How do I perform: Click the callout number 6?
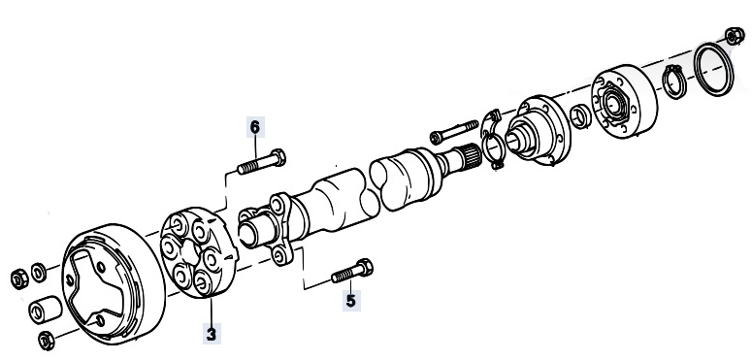click(255, 127)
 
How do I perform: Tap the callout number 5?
click(351, 301)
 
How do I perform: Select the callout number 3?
click(212, 334)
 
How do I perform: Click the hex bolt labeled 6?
click(262, 161)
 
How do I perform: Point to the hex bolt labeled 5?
click(352, 272)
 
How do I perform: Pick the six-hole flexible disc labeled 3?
click(198, 252)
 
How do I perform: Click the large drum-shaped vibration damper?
click(114, 283)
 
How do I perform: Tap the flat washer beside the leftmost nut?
click(39, 273)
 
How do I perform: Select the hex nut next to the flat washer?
click(19, 279)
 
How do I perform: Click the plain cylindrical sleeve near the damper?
click(45, 310)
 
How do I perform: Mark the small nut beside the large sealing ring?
click(735, 36)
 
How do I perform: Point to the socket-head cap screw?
click(454, 131)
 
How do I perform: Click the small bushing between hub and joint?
click(580, 116)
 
